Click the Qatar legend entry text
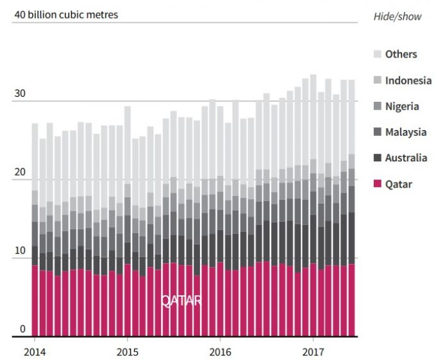click(x=399, y=184)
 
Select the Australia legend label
click(x=406, y=158)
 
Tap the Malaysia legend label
click(x=406, y=132)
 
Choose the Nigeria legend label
click(x=403, y=106)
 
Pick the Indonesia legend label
click(x=408, y=80)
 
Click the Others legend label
click(x=401, y=54)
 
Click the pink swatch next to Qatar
click(x=377, y=184)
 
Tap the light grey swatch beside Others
click(x=377, y=54)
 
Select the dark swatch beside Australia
click(x=377, y=158)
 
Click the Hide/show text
click(x=398, y=17)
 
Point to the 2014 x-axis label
click(x=34, y=352)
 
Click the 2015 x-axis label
click(x=127, y=352)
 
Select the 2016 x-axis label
click(x=220, y=352)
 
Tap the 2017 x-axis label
click(x=314, y=352)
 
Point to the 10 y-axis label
click(x=20, y=250)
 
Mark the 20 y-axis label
click(x=20, y=172)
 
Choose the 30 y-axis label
click(x=20, y=94)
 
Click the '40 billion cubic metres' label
click(x=65, y=14)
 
